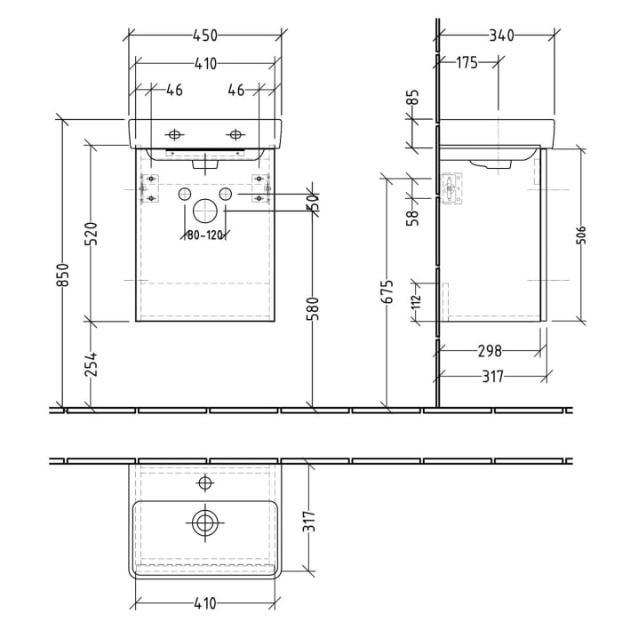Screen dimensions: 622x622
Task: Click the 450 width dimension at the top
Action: pyautogui.click(x=205, y=36)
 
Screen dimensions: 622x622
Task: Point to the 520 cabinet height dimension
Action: pyautogui.click(x=91, y=234)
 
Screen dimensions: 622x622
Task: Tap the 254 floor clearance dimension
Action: pyautogui.click(x=91, y=365)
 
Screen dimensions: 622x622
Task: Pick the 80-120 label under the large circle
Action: pyautogui.click(x=205, y=235)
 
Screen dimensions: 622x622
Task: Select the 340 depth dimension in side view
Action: pyautogui.click(x=500, y=36)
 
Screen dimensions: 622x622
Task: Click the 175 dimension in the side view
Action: pyautogui.click(x=466, y=62)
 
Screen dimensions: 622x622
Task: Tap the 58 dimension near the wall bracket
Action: pyautogui.click(x=412, y=219)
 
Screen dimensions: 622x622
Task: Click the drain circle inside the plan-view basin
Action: pyautogui.click(x=205, y=522)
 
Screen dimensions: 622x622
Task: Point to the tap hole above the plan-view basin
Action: pyautogui.click(x=205, y=482)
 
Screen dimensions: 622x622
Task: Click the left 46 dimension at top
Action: pyautogui.click(x=174, y=90)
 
